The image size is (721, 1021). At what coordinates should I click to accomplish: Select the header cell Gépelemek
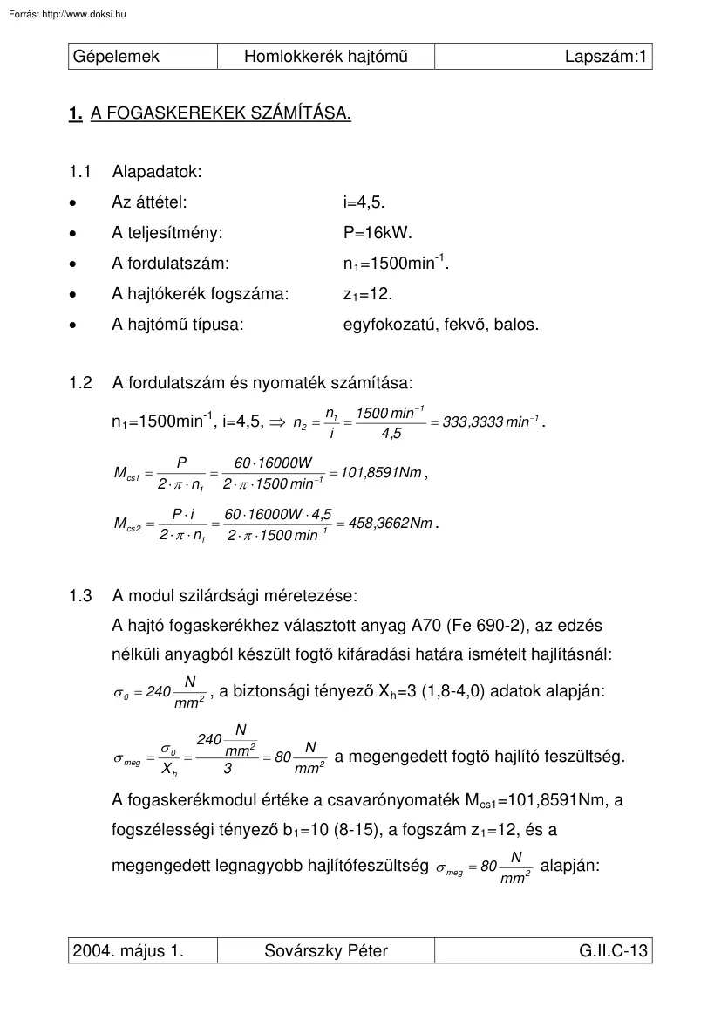pyautogui.click(x=118, y=58)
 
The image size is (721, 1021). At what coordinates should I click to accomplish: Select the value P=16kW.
pyautogui.click(x=378, y=233)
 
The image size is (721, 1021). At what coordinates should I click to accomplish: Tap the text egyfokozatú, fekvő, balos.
pyautogui.click(x=441, y=325)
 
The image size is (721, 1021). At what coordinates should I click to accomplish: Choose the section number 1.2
pyautogui.click(x=80, y=382)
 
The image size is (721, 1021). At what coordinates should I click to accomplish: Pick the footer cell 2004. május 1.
pyautogui.click(x=128, y=950)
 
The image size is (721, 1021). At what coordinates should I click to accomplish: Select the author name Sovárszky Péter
pyautogui.click(x=326, y=950)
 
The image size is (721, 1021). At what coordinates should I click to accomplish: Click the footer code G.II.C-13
pyautogui.click(x=613, y=950)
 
